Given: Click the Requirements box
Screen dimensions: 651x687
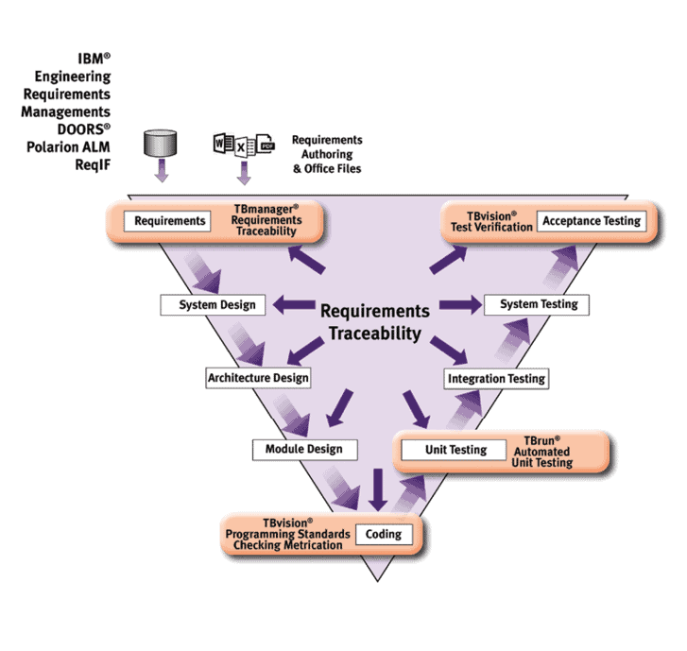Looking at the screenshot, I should [170, 221].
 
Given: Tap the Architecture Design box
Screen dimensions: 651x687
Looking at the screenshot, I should [258, 378].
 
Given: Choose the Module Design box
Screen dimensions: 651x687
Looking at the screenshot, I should [304, 449].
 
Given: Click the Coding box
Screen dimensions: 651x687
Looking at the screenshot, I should [384, 534].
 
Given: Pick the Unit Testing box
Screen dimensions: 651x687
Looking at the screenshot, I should [455, 450].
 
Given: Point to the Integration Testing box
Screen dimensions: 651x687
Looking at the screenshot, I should [496, 378].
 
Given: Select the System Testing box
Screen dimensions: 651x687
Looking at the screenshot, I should [537, 304].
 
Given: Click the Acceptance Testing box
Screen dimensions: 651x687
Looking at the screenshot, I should [591, 221].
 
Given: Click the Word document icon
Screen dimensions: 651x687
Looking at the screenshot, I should [223, 146].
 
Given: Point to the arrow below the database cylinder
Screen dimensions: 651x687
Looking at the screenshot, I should [162, 171].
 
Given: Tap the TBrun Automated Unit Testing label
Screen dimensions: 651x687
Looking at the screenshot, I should [542, 452].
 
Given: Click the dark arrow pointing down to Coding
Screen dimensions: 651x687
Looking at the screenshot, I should [379, 488].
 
